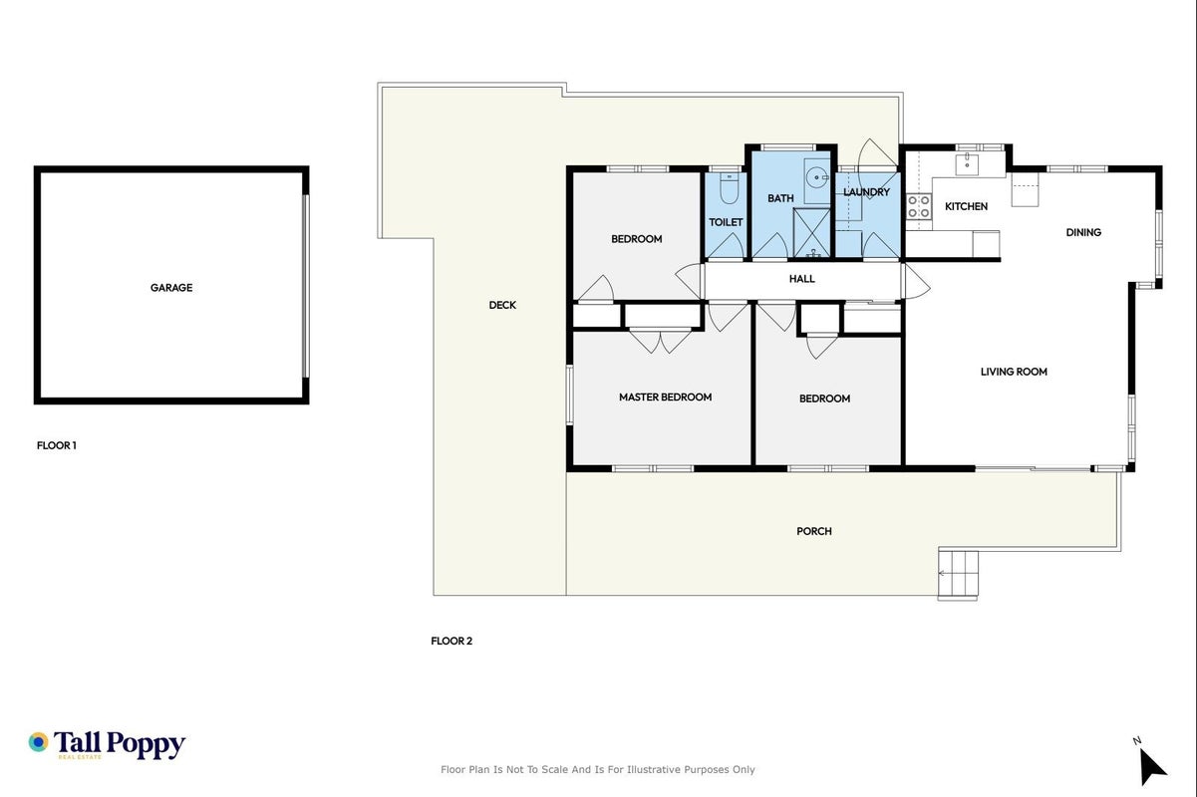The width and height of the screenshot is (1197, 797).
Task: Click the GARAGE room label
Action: point(171,287)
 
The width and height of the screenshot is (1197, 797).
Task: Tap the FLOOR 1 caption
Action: point(57,445)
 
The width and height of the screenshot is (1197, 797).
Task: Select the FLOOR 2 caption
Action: point(451,641)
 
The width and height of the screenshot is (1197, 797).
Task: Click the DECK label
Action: point(502,305)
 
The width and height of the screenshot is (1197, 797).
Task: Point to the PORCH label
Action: point(814,531)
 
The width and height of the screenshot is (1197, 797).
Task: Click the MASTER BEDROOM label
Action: point(666,397)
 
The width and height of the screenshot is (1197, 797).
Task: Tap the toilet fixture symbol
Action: point(729,188)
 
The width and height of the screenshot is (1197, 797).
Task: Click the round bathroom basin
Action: point(816,177)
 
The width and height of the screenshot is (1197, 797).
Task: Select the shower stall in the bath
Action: point(811,233)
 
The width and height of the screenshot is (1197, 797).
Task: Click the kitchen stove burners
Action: point(919,206)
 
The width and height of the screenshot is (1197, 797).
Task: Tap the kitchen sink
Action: point(967,164)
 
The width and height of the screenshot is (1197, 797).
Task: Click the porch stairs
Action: point(958,574)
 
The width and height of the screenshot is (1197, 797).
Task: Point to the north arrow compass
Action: point(1151,766)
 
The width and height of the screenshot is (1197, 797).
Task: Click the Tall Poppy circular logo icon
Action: point(39,742)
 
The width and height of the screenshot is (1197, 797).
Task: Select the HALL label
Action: point(801,278)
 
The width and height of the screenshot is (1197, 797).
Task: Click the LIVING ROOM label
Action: point(1014,372)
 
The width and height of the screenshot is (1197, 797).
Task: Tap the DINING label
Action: point(1083,232)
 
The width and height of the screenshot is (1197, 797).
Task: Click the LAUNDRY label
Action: point(866,191)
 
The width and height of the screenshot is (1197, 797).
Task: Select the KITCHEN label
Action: point(966,206)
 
